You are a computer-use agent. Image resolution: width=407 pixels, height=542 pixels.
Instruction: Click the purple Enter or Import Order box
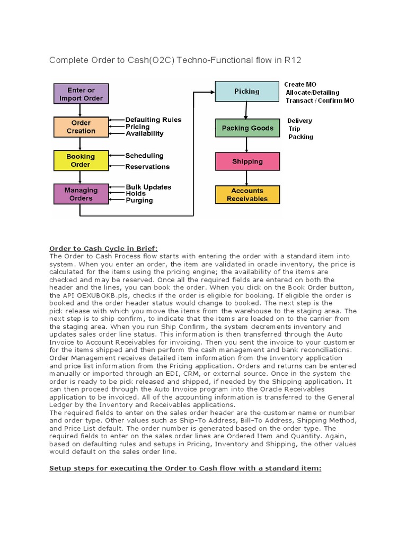[81, 94]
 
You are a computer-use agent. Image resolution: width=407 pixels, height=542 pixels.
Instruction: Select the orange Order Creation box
[81, 127]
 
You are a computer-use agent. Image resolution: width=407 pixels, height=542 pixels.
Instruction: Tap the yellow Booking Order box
[81, 160]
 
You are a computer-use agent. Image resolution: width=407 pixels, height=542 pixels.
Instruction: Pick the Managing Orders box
[81, 194]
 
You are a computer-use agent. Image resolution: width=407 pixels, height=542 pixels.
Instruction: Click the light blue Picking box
[246, 92]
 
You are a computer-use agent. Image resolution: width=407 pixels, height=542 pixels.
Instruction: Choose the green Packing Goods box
[247, 128]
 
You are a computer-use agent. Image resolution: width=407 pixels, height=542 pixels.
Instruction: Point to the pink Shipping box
[247, 161]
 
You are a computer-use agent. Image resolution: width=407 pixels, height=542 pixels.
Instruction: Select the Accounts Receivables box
[247, 195]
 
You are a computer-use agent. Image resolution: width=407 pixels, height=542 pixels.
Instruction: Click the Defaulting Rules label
[153, 120]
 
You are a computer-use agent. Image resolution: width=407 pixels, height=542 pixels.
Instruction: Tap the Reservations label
[147, 167]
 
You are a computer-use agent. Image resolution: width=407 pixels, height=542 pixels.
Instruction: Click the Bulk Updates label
[148, 187]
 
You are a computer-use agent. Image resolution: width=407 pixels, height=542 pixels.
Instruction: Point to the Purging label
[139, 201]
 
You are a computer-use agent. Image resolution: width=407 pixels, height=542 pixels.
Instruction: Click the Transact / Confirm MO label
[320, 101]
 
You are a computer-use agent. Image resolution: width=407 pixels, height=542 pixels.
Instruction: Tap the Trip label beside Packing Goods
[294, 129]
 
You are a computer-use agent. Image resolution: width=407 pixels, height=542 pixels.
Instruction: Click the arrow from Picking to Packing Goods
[245, 110]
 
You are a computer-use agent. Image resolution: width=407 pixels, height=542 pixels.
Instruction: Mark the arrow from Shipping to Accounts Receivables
[246, 178]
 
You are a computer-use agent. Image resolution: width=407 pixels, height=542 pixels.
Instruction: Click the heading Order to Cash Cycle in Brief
[104, 249]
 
